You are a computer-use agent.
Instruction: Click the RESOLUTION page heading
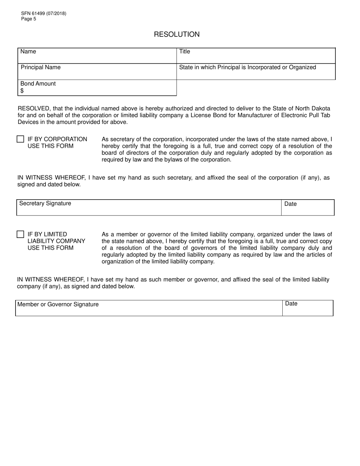click(x=177, y=34)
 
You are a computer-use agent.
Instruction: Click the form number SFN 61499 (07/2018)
click(x=44, y=14)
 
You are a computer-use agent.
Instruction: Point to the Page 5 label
click(x=29, y=19)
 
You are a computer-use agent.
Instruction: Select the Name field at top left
click(x=97, y=56)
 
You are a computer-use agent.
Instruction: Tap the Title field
click(x=256, y=56)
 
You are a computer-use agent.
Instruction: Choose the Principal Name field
click(x=97, y=72)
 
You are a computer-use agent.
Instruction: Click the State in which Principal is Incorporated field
click(x=256, y=72)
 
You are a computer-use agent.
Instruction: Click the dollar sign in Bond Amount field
click(x=22, y=91)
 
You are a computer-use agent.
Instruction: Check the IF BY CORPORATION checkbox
click(x=20, y=139)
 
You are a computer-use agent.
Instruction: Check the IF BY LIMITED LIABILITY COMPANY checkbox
click(x=20, y=235)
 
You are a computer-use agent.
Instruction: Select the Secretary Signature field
click(x=149, y=208)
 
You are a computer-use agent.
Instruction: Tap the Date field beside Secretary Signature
click(x=308, y=208)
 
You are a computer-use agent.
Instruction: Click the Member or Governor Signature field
click(x=149, y=308)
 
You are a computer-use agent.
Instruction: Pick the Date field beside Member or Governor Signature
click(x=308, y=308)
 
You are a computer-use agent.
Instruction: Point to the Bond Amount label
click(x=38, y=84)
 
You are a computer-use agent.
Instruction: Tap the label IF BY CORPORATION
click(x=57, y=139)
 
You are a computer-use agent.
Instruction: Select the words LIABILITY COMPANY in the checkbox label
click(x=56, y=241)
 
